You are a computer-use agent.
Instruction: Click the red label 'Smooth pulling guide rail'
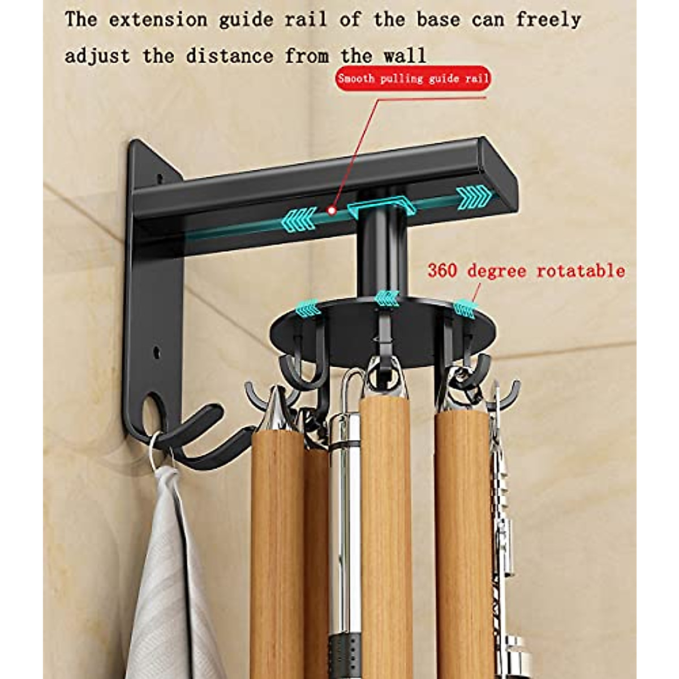point(412,79)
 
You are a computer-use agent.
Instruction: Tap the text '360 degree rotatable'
point(526,271)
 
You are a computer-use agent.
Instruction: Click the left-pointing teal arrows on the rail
point(299,218)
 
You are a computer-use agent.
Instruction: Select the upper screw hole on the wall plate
point(160,178)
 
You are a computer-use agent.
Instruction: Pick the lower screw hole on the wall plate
point(157,355)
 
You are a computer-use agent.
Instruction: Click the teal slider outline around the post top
point(382,204)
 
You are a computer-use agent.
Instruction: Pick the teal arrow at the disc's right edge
point(467,307)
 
